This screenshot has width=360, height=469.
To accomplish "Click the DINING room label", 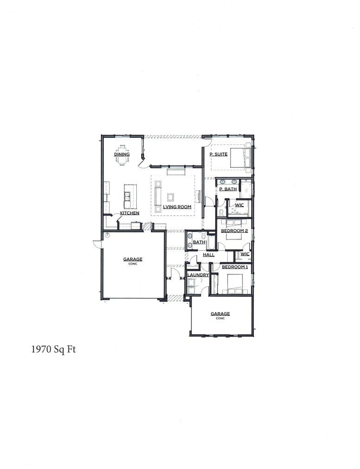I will tap(122, 154).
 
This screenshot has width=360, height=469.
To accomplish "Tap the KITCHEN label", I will tap(129, 213).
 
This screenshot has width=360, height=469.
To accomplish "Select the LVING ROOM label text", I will tap(177, 207).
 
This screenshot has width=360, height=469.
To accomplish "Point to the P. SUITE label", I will tap(218, 154).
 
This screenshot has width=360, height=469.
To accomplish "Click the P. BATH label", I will tap(228, 189).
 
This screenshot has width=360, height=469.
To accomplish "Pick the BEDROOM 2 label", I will tap(234, 231).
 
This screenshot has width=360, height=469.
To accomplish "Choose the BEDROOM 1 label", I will tap(234, 267).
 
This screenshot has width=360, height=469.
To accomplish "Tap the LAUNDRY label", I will tap(198, 275).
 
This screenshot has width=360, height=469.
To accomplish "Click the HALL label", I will tap(208, 255).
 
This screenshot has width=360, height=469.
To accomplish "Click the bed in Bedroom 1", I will tap(234, 283).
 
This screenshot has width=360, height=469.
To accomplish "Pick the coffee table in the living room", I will tap(170, 196).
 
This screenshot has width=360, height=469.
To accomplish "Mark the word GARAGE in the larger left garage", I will tap(133, 259).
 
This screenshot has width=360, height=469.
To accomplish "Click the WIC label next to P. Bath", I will tap(239, 205).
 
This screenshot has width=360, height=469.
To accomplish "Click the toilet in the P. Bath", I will tap(221, 212).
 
